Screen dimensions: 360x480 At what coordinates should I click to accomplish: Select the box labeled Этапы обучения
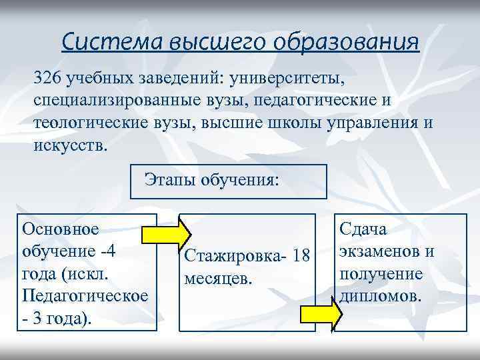228,181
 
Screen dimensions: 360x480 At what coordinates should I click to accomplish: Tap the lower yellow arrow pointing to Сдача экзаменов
321,314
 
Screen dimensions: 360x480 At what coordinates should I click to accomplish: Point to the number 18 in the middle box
301,257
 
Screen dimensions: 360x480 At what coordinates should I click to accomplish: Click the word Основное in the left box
61,229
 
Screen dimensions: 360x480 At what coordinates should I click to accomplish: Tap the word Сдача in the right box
363,229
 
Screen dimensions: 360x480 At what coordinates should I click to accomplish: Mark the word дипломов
381,295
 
